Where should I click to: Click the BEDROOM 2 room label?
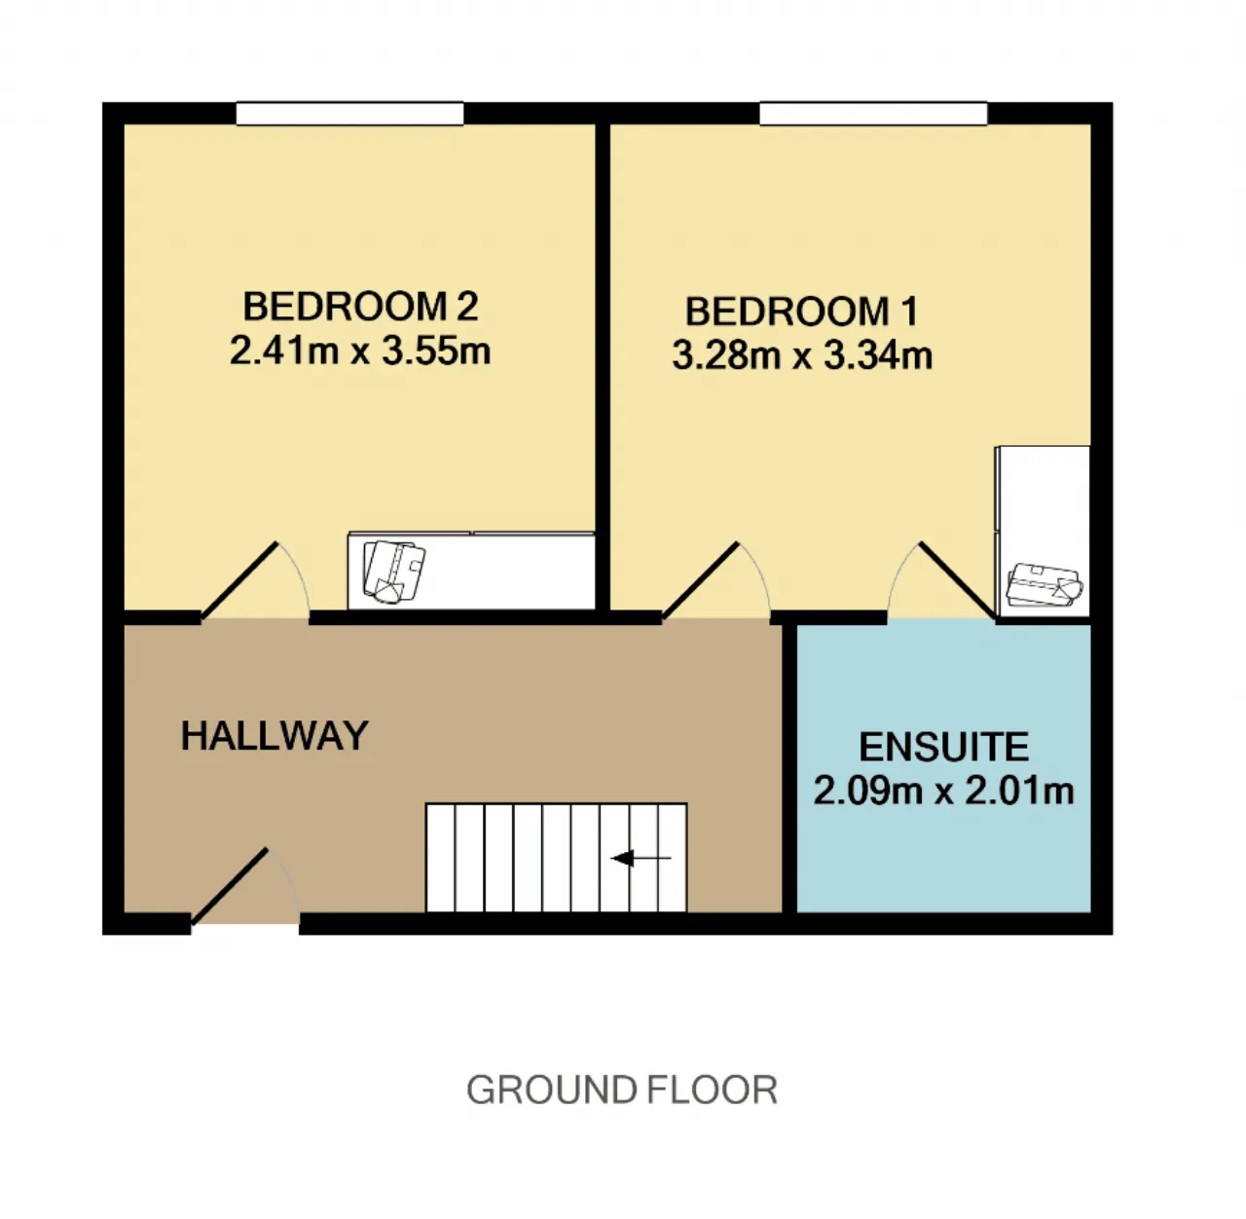click(x=360, y=307)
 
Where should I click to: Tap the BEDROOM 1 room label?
click(x=802, y=312)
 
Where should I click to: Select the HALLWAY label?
click(x=275, y=735)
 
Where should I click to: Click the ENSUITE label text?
click(x=944, y=747)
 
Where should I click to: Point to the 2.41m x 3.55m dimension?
click(x=360, y=351)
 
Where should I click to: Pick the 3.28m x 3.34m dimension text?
click(x=802, y=356)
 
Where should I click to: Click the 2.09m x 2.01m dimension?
click(x=944, y=792)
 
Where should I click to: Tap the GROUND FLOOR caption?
click(x=622, y=1090)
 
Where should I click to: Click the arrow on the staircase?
click(x=641, y=858)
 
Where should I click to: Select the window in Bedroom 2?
click(x=349, y=113)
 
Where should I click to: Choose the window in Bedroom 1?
click(x=873, y=113)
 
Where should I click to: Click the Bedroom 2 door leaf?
click(x=239, y=581)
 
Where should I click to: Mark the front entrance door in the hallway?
click(x=230, y=887)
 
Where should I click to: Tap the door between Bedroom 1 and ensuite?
click(x=959, y=581)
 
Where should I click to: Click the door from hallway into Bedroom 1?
click(x=701, y=581)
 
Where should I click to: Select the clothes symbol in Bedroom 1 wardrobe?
click(x=1044, y=584)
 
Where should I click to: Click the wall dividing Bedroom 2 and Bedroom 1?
click(x=603, y=366)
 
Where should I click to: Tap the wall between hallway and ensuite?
click(x=789, y=768)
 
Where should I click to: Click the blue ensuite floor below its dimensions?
click(x=944, y=859)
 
